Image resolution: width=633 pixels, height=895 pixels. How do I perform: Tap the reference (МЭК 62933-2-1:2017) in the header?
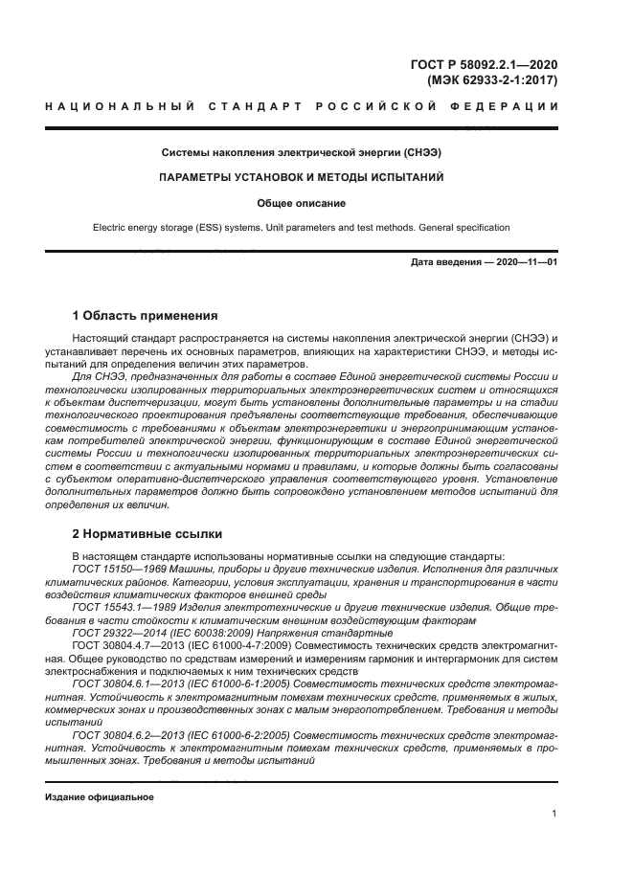[492, 80]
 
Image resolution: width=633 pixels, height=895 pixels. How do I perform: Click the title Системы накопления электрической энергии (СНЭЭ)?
[302, 153]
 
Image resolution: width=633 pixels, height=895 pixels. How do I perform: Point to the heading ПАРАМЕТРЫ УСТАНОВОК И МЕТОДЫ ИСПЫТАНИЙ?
[302, 178]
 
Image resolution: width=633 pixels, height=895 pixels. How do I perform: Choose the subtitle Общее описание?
[302, 203]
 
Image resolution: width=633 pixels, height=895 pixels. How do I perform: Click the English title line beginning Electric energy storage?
[302, 228]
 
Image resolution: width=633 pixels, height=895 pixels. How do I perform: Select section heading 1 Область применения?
[146, 316]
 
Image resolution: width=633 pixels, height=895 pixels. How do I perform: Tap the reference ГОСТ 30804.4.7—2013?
[126, 646]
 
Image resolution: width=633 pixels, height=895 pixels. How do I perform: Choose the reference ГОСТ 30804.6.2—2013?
[126, 733]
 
